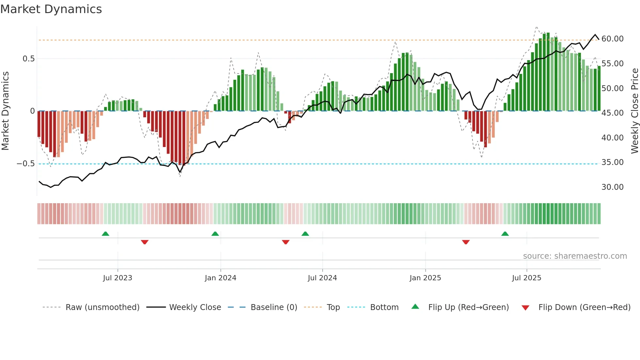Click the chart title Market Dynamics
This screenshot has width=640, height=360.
pos(51,9)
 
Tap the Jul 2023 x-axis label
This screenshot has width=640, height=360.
pos(118,278)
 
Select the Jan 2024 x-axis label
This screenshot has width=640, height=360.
pos(220,278)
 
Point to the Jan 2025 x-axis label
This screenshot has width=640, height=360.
pos(425,278)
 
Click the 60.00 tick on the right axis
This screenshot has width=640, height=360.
pos(612,39)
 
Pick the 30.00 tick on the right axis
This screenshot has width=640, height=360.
pos(612,187)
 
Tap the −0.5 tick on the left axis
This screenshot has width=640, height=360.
pos(26,164)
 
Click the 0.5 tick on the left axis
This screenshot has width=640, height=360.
pos(28,59)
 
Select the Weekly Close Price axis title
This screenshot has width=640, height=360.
pos(634,111)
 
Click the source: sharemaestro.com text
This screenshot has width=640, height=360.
pos(575,256)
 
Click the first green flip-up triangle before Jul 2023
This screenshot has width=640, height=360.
pos(105,234)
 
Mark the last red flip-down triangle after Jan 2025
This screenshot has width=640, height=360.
pos(466,242)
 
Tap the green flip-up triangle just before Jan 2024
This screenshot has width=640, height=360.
pos(215,234)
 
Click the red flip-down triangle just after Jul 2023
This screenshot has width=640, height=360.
pos(145,242)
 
